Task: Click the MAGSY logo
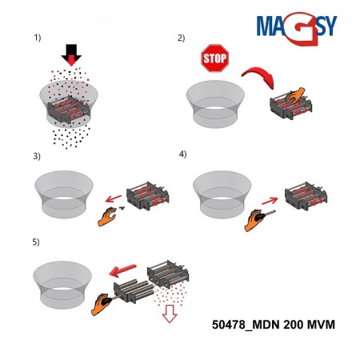(297, 28)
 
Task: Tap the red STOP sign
(215, 58)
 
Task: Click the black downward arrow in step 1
(71, 54)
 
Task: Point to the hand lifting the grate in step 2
(294, 95)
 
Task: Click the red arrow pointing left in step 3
(114, 198)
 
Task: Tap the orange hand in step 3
(106, 217)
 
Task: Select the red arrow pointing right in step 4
(270, 201)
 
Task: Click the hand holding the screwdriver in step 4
(254, 220)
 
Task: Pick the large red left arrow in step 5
(122, 270)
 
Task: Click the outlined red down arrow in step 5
(170, 314)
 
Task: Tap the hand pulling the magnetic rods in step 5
(101, 304)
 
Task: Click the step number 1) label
(38, 38)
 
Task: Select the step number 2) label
(181, 38)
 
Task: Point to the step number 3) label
(37, 156)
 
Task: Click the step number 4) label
(182, 154)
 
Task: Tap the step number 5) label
(36, 242)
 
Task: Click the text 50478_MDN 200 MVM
(274, 325)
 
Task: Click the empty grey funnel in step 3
(64, 194)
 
